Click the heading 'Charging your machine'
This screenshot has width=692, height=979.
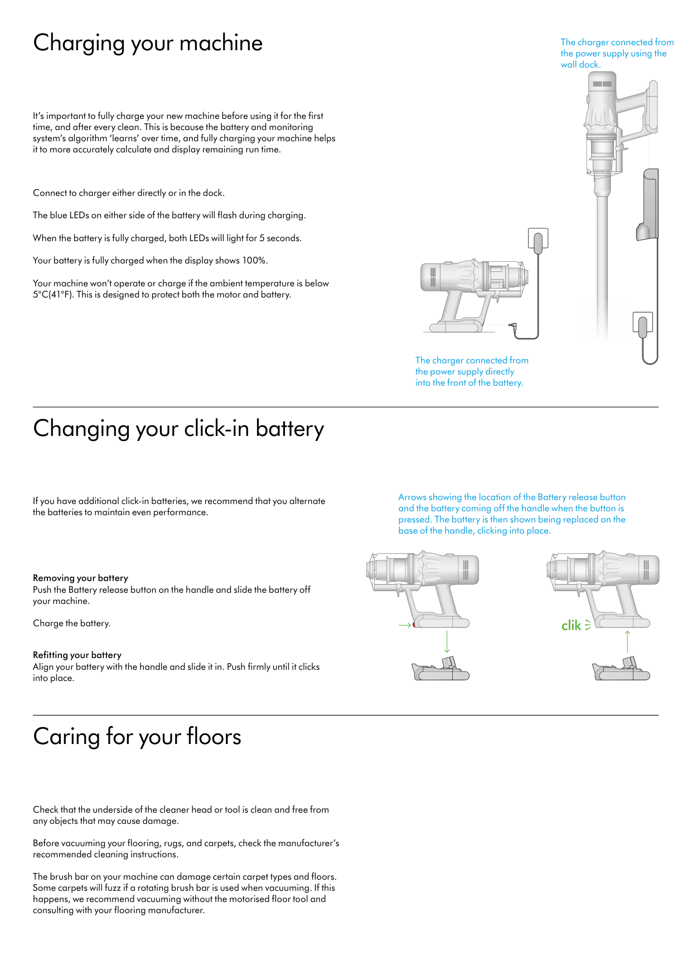click(x=148, y=44)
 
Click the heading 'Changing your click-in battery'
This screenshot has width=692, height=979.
click(x=178, y=429)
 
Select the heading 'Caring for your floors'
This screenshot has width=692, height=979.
click(x=137, y=737)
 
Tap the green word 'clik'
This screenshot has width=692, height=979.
click(x=571, y=626)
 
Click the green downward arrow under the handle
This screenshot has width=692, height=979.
click(x=447, y=641)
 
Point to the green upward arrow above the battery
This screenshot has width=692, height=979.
click(x=627, y=641)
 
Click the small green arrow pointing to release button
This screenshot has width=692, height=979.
click(x=404, y=625)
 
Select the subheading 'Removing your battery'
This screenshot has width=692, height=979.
click(x=80, y=578)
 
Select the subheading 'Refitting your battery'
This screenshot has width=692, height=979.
click(x=77, y=655)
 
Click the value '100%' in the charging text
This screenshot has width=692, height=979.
click(x=254, y=261)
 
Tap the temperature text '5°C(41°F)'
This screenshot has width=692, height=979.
click(x=53, y=295)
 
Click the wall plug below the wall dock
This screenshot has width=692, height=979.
click(x=642, y=325)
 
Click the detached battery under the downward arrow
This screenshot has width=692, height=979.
click(x=441, y=670)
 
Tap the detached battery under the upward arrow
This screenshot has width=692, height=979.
click(x=621, y=670)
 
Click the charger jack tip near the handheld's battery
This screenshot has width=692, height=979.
click(x=512, y=325)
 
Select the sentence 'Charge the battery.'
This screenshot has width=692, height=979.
click(x=71, y=623)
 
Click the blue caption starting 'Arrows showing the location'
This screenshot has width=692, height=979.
click(x=512, y=514)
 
